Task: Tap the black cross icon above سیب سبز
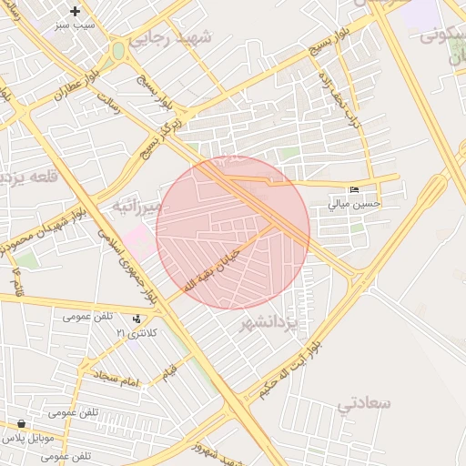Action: (x=75, y=11)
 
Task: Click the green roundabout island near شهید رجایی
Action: (x=118, y=51)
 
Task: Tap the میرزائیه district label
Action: (x=137, y=206)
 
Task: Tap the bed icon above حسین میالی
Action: (x=354, y=189)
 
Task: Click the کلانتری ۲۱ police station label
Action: (x=136, y=333)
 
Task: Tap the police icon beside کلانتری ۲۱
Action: (x=137, y=319)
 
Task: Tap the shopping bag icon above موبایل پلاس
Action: (x=20, y=423)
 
